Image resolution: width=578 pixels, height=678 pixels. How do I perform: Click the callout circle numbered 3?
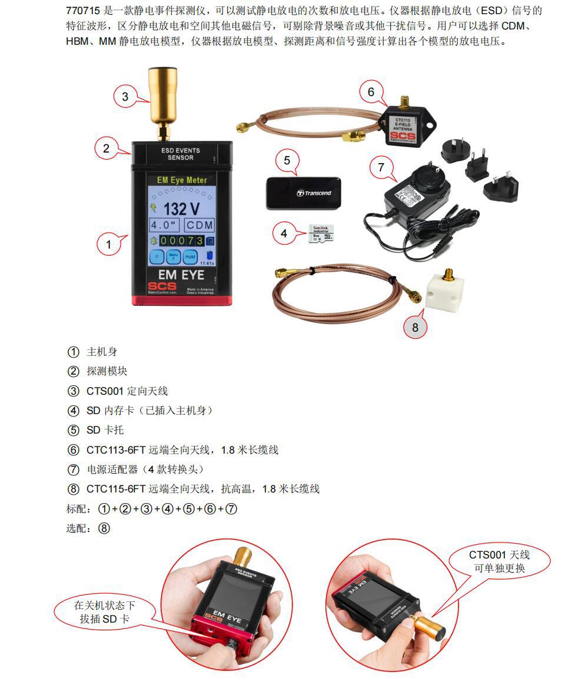(125, 97)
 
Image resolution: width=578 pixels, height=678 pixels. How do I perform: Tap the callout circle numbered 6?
(371, 92)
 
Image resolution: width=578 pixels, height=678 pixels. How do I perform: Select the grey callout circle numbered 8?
(415, 327)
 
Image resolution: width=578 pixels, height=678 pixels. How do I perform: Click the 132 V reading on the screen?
(181, 209)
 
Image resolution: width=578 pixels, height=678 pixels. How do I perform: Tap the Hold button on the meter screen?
(190, 257)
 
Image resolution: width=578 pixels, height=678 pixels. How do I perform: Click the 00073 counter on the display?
(182, 241)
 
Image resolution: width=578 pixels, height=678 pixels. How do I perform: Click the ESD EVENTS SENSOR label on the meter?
(180, 154)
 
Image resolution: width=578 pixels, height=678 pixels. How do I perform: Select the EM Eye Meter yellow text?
(181, 180)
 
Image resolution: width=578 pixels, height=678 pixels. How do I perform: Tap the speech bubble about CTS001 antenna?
(500, 561)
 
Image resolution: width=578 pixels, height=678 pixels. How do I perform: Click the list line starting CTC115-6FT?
(203, 489)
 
